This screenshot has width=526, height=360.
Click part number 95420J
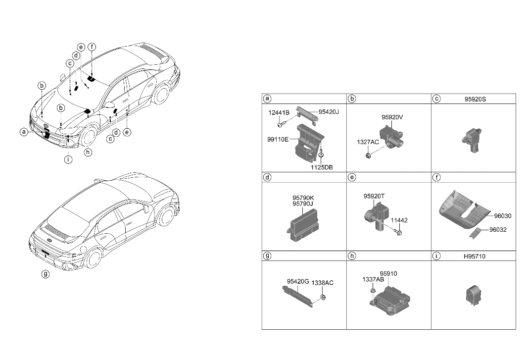click(329, 112)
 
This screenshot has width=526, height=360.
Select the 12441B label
click(279, 112)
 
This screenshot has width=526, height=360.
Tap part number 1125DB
click(322, 167)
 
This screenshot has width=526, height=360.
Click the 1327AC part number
click(368, 142)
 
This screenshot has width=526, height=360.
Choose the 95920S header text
click(475, 99)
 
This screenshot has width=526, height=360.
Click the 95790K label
click(303, 197)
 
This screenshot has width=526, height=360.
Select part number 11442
click(400, 220)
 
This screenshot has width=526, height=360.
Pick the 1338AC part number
click(323, 283)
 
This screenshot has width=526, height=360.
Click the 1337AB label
click(373, 279)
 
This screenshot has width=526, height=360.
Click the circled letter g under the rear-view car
click(45, 273)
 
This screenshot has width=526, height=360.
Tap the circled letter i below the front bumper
click(68, 159)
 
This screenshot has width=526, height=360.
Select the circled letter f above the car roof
click(92, 48)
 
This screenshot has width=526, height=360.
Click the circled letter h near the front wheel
click(88, 153)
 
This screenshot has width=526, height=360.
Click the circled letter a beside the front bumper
click(23, 132)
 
